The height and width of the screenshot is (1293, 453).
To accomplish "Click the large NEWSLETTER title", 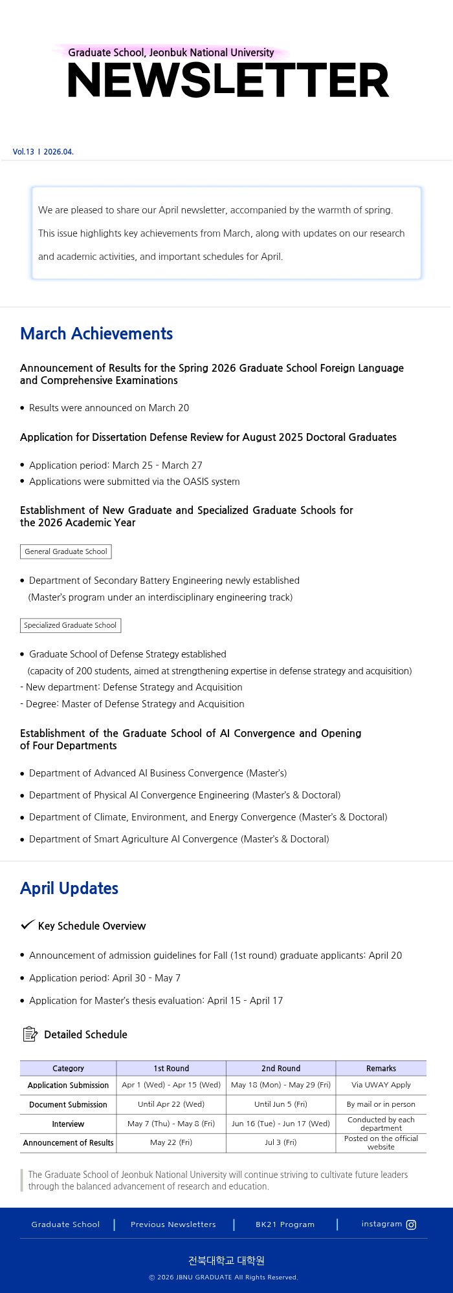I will [228, 81].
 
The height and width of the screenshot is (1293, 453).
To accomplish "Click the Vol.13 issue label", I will [23, 152].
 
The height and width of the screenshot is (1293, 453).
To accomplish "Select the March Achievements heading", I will [96, 334].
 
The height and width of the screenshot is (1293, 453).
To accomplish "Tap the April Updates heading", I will [69, 888].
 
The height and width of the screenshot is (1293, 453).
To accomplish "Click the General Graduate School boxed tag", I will [66, 551].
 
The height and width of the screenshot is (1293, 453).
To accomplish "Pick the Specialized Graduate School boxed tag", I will [71, 625].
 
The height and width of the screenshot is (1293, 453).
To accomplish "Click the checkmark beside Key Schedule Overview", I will [27, 925].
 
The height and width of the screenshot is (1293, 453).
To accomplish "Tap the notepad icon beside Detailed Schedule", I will [30, 1034].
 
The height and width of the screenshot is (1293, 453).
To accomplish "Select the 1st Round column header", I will [171, 1069].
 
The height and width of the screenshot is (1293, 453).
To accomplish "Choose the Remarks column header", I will [381, 1069].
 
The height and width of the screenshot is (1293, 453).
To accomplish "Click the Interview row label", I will [68, 1124].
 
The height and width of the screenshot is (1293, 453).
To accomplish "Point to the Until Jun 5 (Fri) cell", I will [281, 1104].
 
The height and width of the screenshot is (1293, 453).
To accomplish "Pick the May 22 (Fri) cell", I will [171, 1142].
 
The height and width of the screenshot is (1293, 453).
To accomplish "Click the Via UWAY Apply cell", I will [381, 1085].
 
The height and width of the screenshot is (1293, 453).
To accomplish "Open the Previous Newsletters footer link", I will [173, 1224].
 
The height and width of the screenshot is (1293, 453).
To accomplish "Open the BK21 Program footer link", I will [285, 1224].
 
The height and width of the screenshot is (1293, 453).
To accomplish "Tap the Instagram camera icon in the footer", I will [411, 1224].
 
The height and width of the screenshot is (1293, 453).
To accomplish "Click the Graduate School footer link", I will [65, 1224].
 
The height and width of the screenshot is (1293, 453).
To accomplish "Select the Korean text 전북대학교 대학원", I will [226, 1260].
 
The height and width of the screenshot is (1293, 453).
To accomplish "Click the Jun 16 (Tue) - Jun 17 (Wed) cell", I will [281, 1124].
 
